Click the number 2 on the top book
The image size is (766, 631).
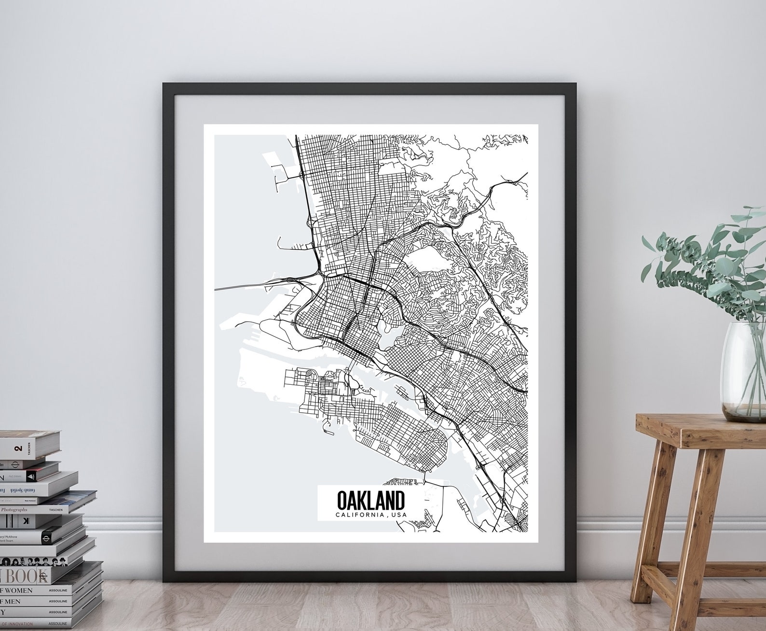tap(19, 449)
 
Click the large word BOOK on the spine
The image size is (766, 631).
tap(24, 575)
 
